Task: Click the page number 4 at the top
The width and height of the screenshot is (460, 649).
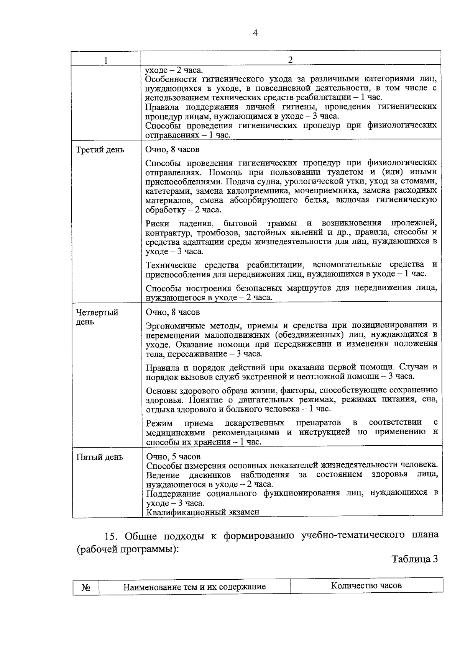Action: pyautogui.click(x=256, y=33)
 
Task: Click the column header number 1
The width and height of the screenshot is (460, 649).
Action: pyautogui.click(x=106, y=60)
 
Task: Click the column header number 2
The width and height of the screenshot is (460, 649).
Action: pyautogui.click(x=290, y=60)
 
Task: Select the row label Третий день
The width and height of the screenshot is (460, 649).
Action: pyautogui.click(x=100, y=150)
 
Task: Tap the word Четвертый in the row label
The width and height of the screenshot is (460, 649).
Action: pyautogui.click(x=97, y=312)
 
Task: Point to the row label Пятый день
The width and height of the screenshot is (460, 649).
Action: pyautogui.click(x=100, y=457)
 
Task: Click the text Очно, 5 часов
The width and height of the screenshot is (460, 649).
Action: pyautogui.click(x=173, y=456)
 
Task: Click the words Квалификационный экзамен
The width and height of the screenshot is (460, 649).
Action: pyautogui.click(x=203, y=512)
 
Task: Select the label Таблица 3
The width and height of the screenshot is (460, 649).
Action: pyautogui.click(x=415, y=559)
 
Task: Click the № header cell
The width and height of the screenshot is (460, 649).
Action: pyautogui.click(x=86, y=587)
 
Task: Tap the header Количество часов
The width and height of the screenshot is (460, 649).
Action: pyautogui.click(x=366, y=585)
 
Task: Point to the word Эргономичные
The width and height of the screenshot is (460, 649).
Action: pyautogui.click(x=175, y=325)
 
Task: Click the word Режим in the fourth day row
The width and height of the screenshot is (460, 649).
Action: pyautogui.click(x=159, y=423)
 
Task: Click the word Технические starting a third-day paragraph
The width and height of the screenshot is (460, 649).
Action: pyautogui.click(x=169, y=265)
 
